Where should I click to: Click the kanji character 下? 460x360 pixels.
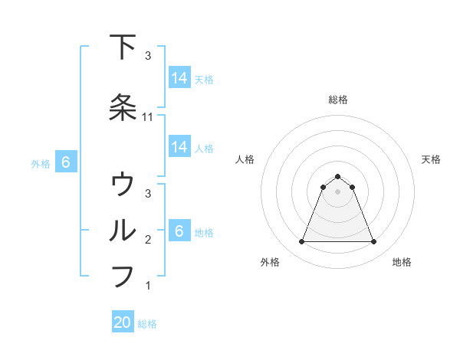123,47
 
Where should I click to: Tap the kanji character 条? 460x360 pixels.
123,106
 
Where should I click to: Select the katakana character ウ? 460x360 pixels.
123,185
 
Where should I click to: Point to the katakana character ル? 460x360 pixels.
123,230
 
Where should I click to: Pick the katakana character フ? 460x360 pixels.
123,276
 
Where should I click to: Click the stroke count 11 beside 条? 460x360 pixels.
149,117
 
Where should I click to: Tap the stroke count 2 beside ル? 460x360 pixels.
149,240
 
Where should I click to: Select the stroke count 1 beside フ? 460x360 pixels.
149,286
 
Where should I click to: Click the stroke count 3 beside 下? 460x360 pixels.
149,56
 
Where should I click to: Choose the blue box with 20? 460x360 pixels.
123,322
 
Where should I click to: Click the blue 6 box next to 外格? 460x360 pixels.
66,162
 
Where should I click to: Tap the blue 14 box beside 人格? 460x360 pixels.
179,147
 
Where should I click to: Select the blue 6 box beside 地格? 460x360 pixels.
179,231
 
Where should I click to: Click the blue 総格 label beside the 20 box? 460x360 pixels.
147,324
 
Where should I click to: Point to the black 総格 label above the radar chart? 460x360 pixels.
337,100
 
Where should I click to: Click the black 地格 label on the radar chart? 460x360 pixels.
402,263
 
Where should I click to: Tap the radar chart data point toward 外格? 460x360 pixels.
301,242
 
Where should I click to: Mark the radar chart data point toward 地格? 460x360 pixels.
373,242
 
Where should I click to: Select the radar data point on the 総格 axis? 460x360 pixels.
337,176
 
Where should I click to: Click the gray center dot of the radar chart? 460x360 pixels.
337,191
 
